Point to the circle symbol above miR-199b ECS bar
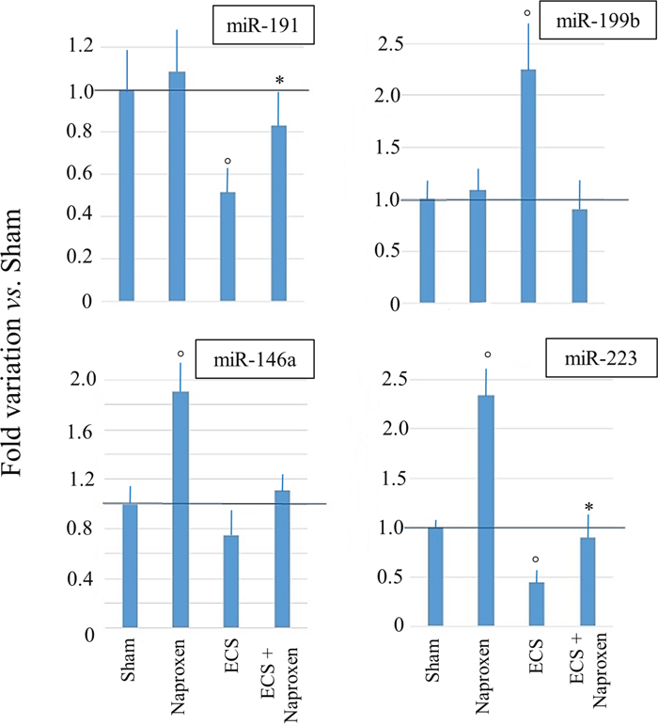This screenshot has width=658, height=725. coord(528,13)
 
